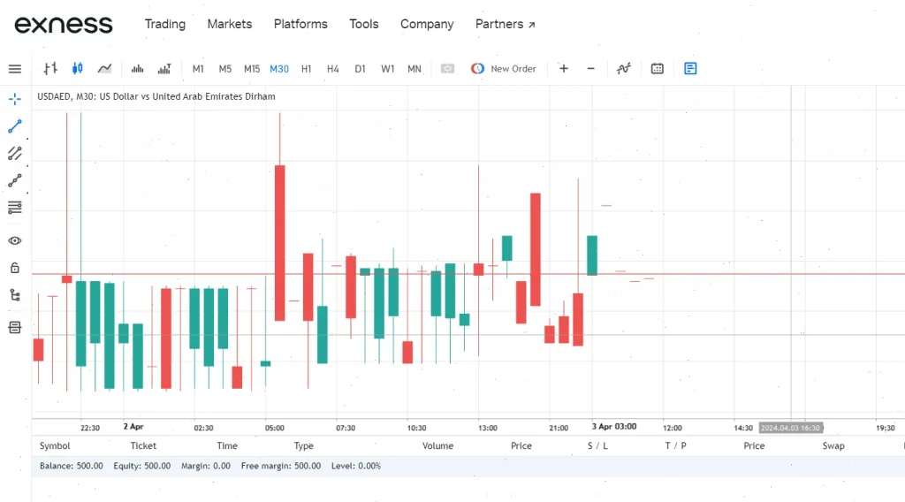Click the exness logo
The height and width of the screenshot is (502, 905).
[64, 24]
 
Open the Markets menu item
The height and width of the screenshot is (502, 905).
[230, 24]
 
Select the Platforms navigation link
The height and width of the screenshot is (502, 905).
[300, 24]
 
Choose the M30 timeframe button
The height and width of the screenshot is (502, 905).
[279, 69]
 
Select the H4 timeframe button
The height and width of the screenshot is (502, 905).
[333, 69]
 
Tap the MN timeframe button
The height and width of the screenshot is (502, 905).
[414, 69]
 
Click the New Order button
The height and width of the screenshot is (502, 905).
[503, 69]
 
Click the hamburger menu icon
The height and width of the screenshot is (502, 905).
[15, 69]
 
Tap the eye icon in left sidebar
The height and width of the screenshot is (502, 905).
[15, 240]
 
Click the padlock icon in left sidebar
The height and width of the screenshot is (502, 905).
[15, 268]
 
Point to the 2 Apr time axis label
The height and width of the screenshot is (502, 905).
[133, 426]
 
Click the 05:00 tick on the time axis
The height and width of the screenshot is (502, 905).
[275, 428]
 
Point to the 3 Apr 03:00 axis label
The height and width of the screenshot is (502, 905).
[614, 426]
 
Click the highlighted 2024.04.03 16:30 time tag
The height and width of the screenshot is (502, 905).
[791, 428]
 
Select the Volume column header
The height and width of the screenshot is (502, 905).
[437, 445]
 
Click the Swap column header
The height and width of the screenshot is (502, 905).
[833, 445]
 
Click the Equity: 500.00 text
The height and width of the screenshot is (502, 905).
[142, 466]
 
